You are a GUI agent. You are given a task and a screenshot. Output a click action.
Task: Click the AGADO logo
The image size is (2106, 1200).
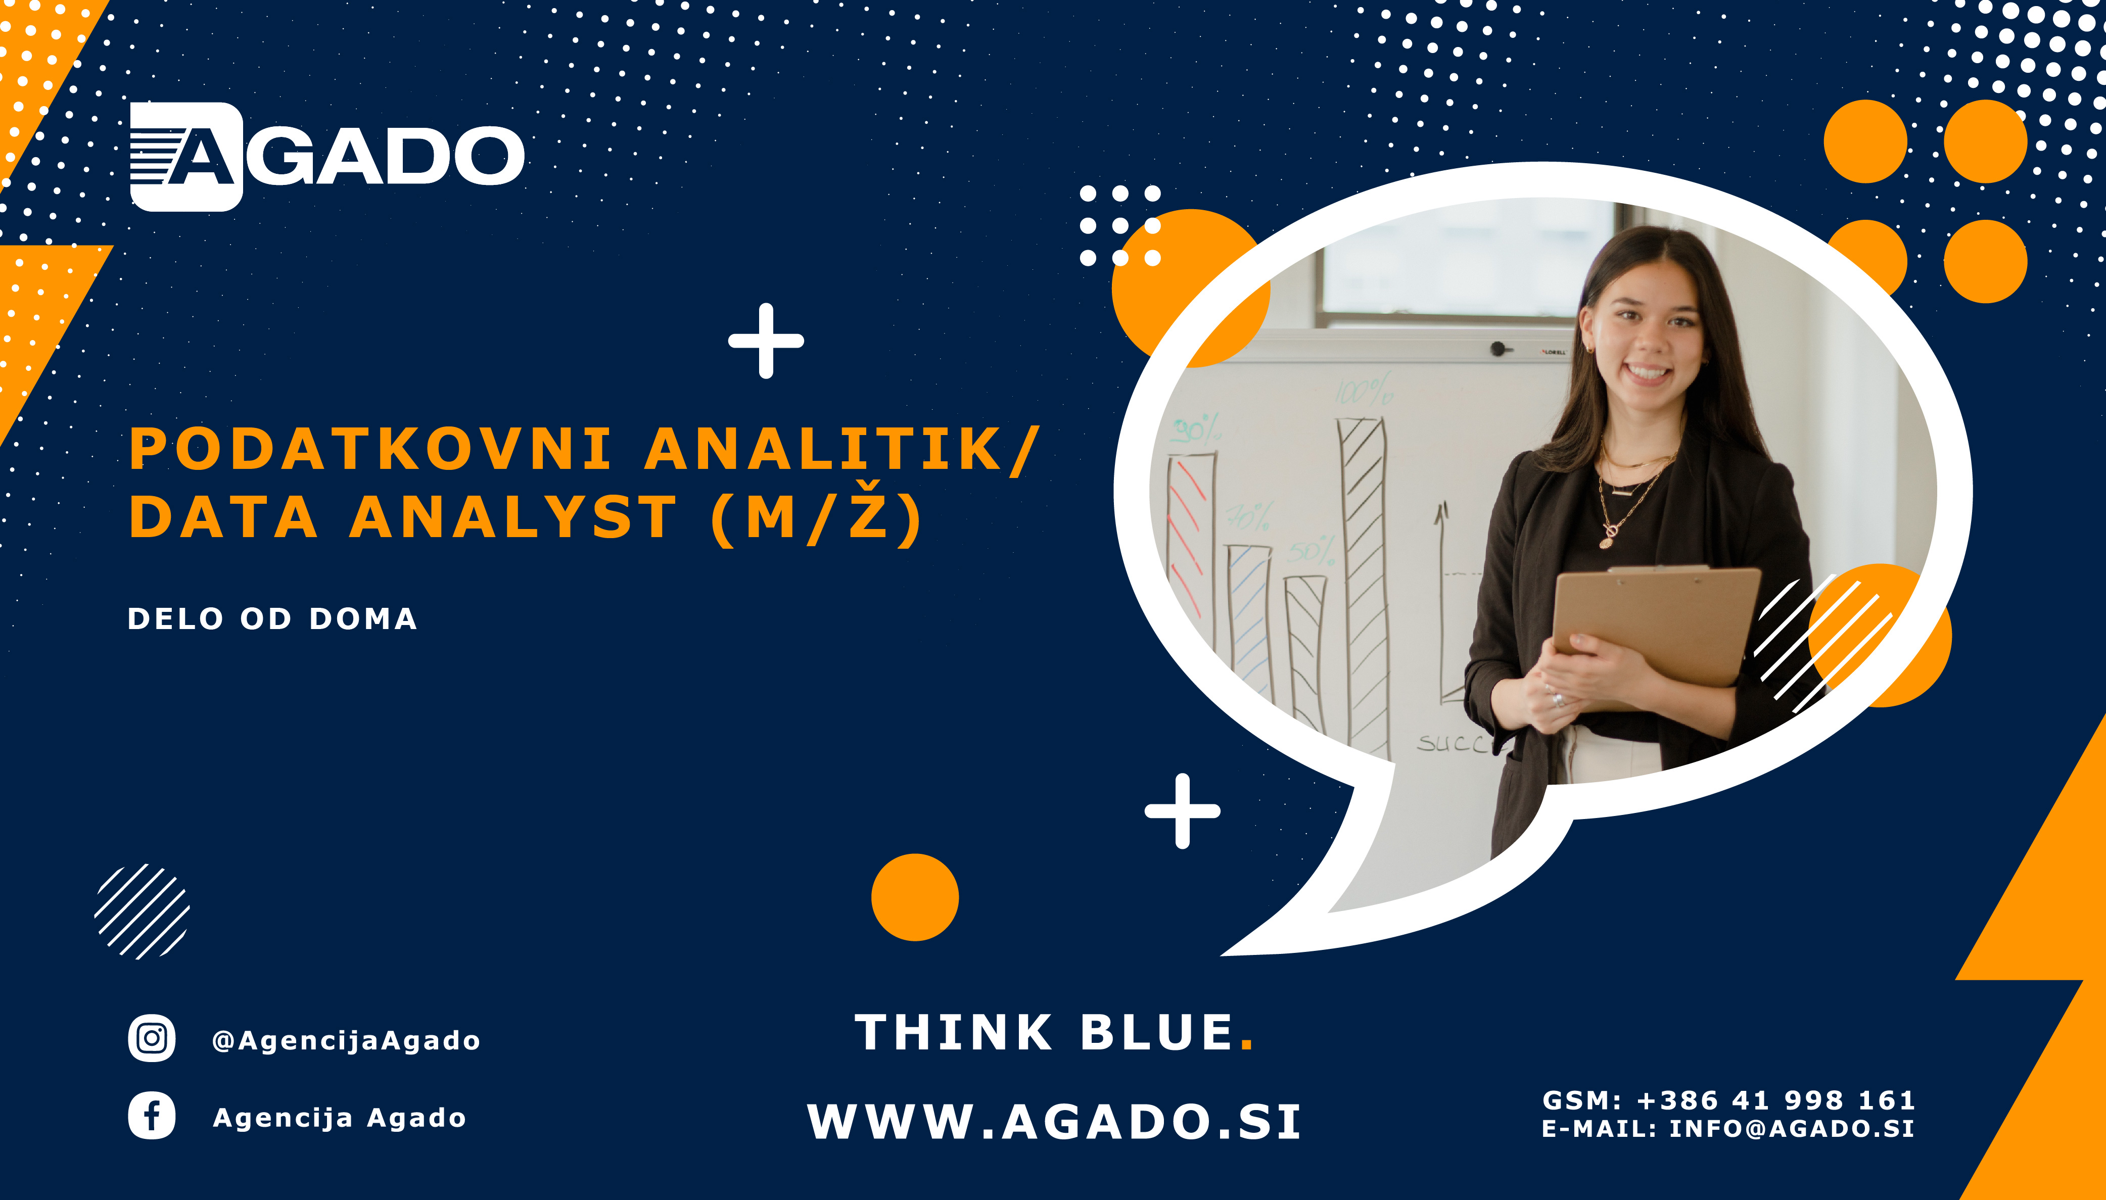tap(327, 157)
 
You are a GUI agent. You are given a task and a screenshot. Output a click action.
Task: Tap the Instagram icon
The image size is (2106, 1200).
tap(152, 1038)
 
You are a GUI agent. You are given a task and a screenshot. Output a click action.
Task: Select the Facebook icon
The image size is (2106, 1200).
tap(152, 1116)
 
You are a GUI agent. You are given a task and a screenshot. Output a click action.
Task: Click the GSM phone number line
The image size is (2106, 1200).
tap(1728, 1100)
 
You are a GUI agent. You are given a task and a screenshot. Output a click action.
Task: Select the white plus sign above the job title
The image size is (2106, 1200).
tap(766, 341)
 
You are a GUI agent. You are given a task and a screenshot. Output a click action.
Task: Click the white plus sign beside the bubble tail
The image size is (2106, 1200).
tap(1182, 811)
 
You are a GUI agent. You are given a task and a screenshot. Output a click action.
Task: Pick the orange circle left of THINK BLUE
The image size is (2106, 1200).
tap(915, 897)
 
